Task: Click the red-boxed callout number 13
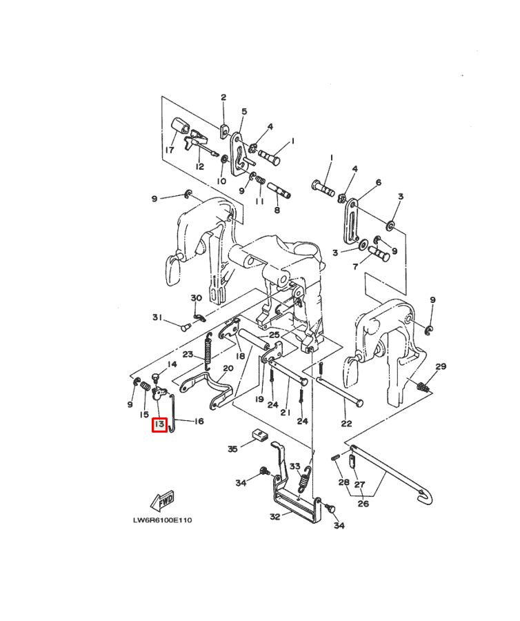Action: click(159, 425)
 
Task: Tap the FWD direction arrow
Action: click(162, 502)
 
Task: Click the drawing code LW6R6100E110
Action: click(162, 520)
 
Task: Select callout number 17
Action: click(170, 150)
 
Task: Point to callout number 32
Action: click(275, 517)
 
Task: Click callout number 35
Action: click(232, 448)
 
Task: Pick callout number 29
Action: click(441, 366)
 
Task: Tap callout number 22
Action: click(346, 424)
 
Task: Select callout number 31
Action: click(157, 317)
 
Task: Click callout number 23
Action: click(188, 354)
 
